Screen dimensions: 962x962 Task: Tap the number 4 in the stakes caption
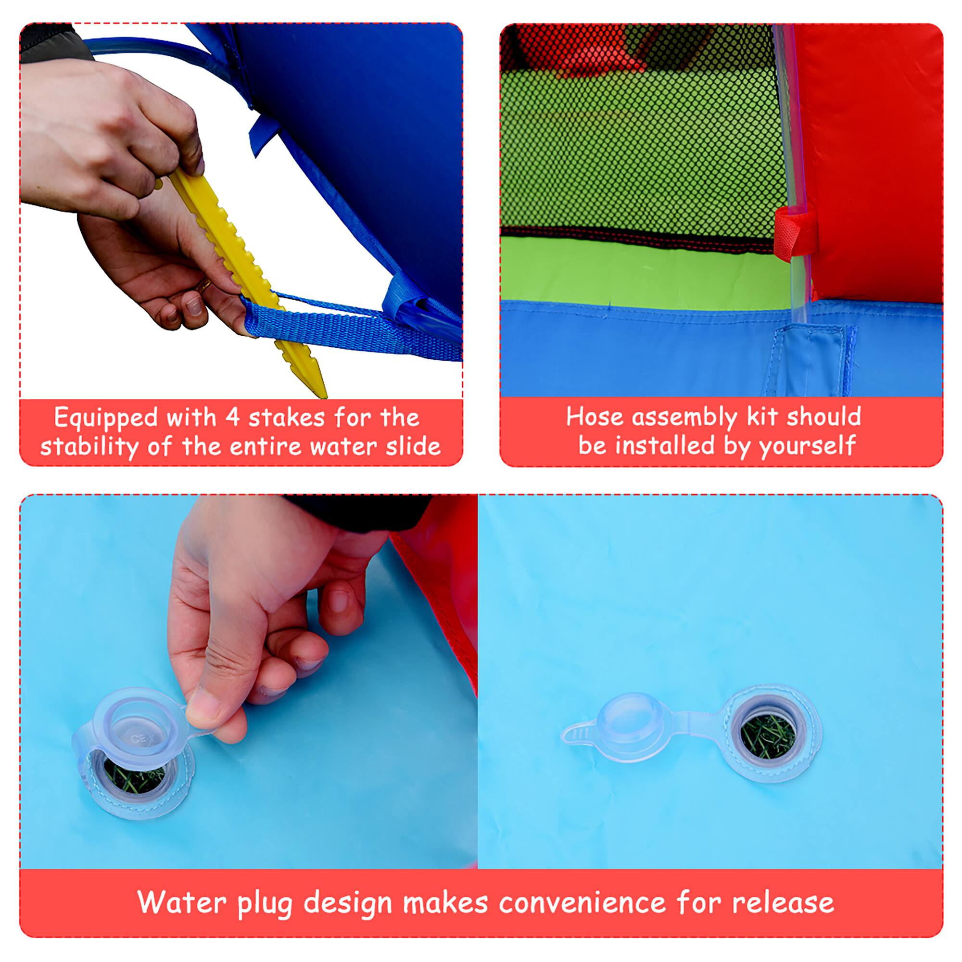(232, 417)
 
